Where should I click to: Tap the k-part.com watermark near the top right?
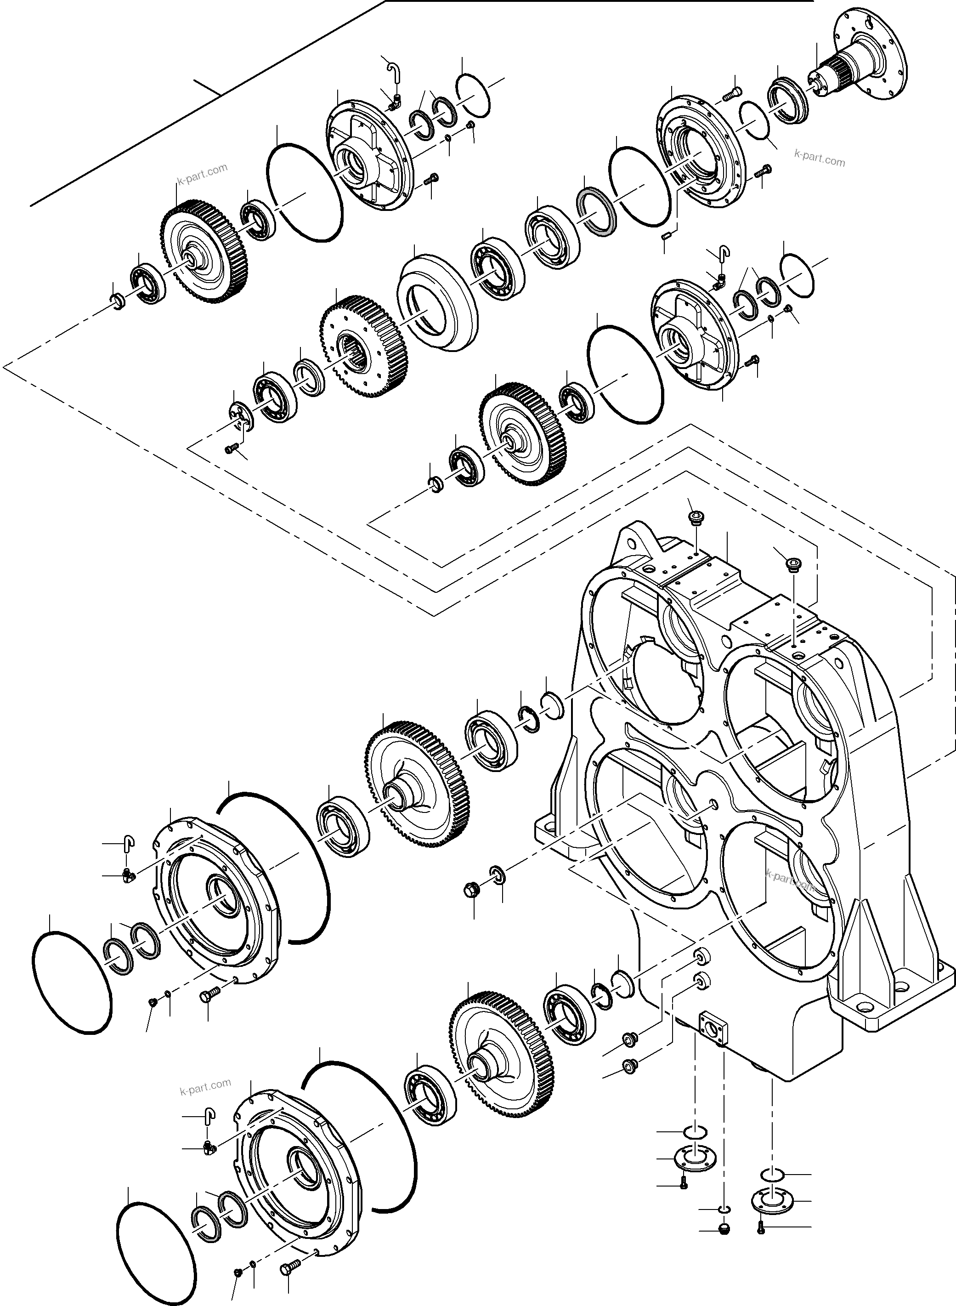[820, 158]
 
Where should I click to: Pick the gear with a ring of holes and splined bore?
[364, 346]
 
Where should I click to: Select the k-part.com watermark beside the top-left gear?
[202, 174]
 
